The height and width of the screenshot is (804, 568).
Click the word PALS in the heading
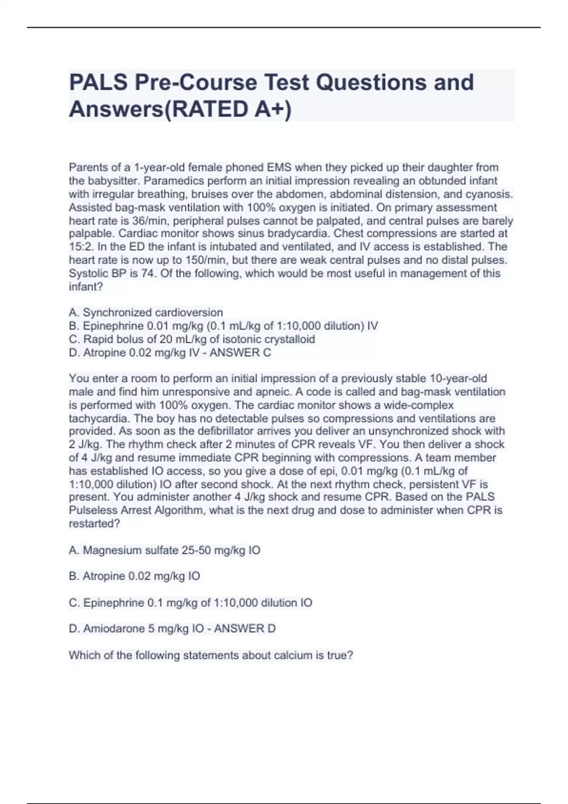coord(98,82)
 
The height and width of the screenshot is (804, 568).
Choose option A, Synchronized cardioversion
coord(146,313)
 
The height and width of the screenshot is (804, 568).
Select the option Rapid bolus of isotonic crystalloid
coord(192,339)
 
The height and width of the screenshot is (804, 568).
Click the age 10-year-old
coord(458,378)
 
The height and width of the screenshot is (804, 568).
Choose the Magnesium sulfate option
coord(165,550)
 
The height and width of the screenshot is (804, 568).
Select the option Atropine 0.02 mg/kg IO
coord(134,576)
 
